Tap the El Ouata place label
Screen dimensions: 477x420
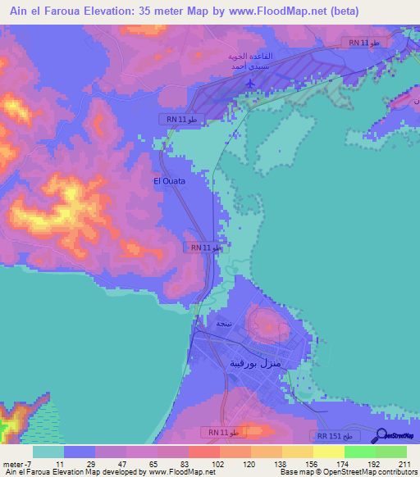[x=169, y=181]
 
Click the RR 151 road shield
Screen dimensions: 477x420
[x=336, y=437]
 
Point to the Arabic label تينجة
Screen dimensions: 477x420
[x=223, y=324]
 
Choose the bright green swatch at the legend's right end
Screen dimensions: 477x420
[x=390, y=451]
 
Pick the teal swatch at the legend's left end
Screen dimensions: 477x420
[x=48, y=451]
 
